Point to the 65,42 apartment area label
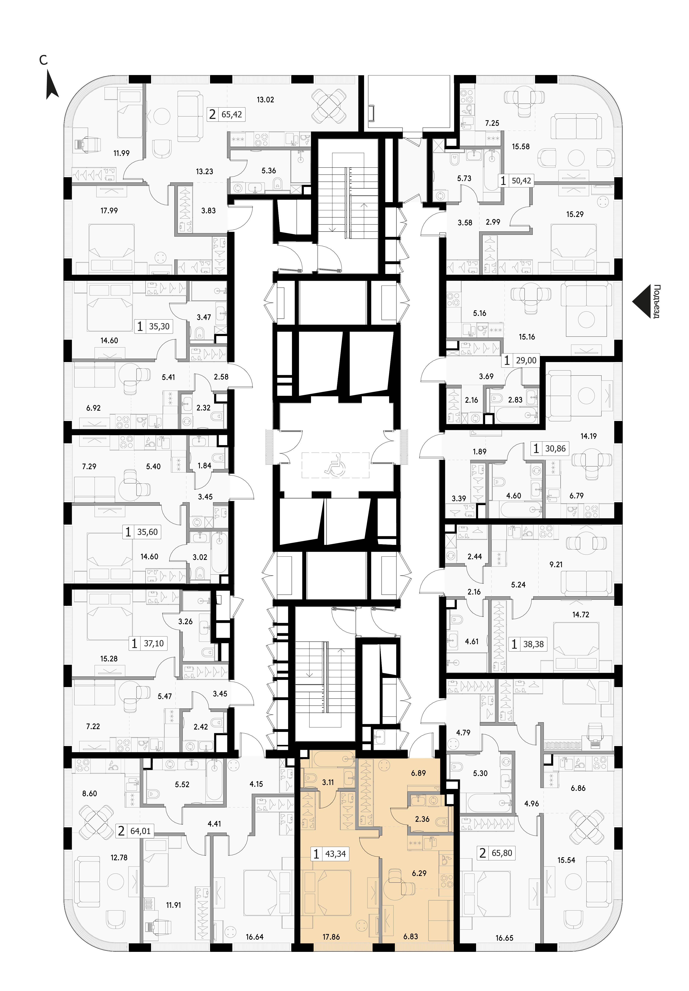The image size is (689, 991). coord(232,115)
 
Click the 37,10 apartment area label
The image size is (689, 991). coord(153,643)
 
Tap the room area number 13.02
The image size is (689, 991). coord(265,100)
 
